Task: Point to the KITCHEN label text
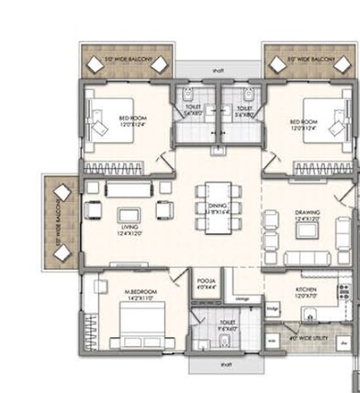[x=307, y=291]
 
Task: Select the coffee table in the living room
[x=127, y=218]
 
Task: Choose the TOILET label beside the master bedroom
[x=227, y=323]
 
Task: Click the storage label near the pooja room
[x=241, y=298]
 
